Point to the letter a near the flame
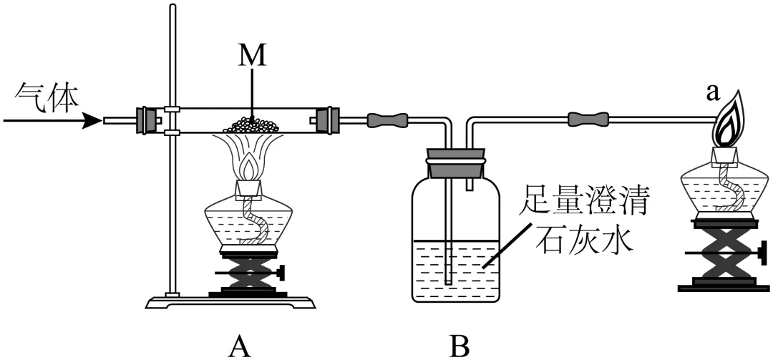coord(712,93)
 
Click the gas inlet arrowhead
coord(92,120)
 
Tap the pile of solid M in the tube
coord(252,125)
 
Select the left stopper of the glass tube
coord(147,120)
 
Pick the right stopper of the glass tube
coord(326,120)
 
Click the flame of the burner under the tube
coord(250,167)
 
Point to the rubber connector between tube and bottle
coord(387,120)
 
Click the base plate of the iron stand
coord(230,302)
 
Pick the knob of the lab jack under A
coord(281,273)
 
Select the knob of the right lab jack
coord(764,253)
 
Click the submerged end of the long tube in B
coord(448,282)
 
